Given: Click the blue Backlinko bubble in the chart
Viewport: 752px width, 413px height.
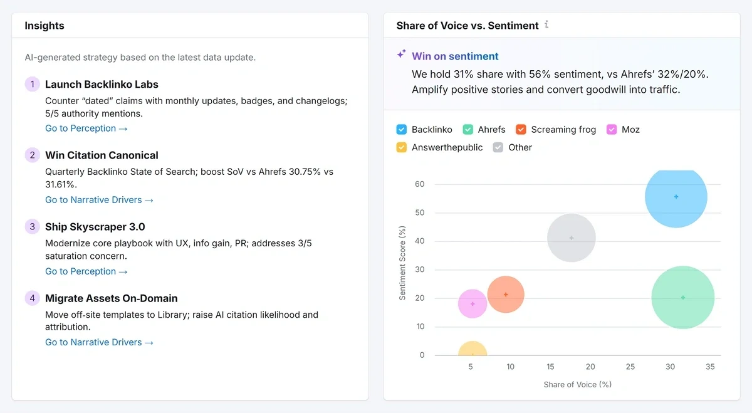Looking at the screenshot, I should coord(676,197).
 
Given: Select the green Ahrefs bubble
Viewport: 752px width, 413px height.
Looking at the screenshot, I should coord(683,298).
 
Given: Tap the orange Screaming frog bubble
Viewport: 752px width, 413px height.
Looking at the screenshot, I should coord(506,295).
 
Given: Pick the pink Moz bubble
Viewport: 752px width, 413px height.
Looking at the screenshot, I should coord(473,304).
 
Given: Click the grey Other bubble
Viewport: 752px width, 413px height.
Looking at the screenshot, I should coord(572,238).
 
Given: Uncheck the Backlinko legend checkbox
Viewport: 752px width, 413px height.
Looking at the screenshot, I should coord(402,130).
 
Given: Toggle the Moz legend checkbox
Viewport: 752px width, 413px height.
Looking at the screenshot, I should coord(612,130).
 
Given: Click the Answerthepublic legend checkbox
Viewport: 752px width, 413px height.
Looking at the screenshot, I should coord(402,148).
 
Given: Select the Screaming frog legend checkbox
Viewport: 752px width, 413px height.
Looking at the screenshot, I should coord(521,130).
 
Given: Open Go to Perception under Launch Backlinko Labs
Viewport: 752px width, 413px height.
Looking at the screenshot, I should coord(86,128).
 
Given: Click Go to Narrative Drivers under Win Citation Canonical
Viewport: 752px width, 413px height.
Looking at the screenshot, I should coord(99,200).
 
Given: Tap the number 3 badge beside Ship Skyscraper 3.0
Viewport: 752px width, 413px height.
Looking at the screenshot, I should coord(32,227).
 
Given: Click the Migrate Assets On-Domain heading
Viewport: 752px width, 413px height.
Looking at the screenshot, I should coord(111,298).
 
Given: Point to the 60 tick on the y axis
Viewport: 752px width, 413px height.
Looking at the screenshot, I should coord(419,184).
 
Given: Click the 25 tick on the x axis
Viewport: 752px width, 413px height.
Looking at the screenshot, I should coord(630,367).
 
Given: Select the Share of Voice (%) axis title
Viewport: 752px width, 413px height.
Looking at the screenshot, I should coord(577,384).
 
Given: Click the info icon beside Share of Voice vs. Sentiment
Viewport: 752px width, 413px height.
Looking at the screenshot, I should coord(546,25).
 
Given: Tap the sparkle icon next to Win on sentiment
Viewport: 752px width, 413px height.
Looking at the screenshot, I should coord(401,55).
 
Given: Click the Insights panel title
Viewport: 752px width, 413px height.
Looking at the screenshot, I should coord(44,26).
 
